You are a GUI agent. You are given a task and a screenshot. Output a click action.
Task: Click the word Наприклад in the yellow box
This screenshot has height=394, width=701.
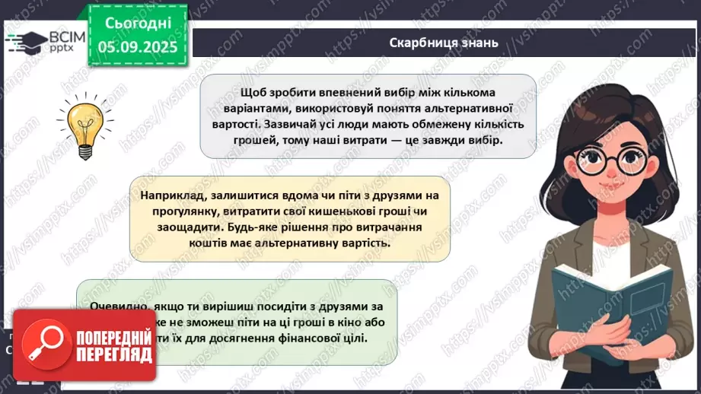click(x=169, y=195)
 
